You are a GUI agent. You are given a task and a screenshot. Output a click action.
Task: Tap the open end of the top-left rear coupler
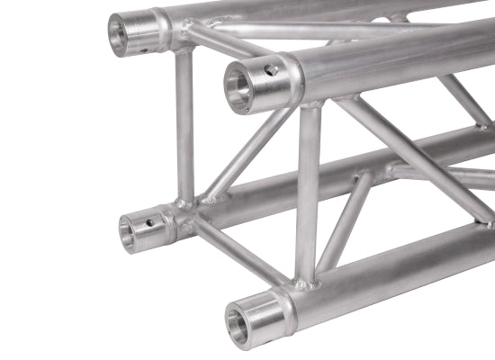click(119, 33)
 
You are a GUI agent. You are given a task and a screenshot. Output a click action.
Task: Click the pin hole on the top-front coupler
click(269, 68)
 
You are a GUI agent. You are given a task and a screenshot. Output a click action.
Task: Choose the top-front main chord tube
click(396, 58)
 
